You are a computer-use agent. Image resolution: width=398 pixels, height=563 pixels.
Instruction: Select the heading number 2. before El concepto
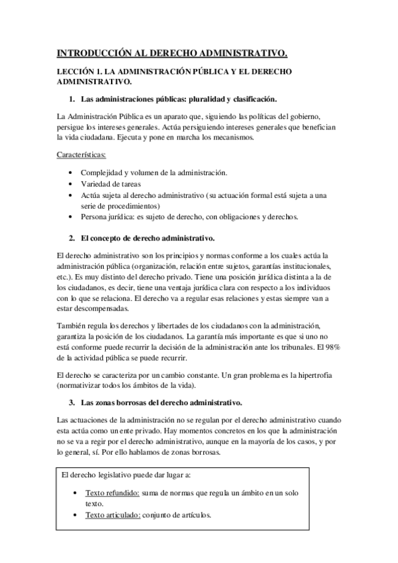[x=72, y=237]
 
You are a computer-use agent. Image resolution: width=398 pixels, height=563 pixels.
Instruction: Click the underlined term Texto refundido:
[x=112, y=494]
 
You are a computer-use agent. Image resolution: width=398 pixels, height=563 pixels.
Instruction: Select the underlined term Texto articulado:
[x=113, y=515]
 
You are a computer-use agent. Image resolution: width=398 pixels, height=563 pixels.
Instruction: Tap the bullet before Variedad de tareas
[x=72, y=184]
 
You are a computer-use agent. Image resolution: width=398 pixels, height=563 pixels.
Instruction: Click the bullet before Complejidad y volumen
[x=72, y=173]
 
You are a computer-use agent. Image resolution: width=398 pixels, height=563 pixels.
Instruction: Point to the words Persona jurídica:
[x=107, y=216]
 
